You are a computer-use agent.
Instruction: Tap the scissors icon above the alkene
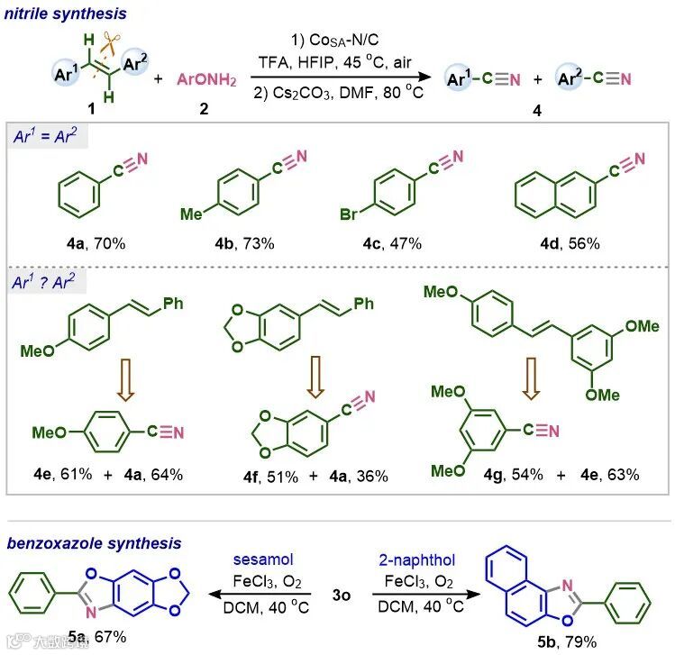point(113,41)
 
